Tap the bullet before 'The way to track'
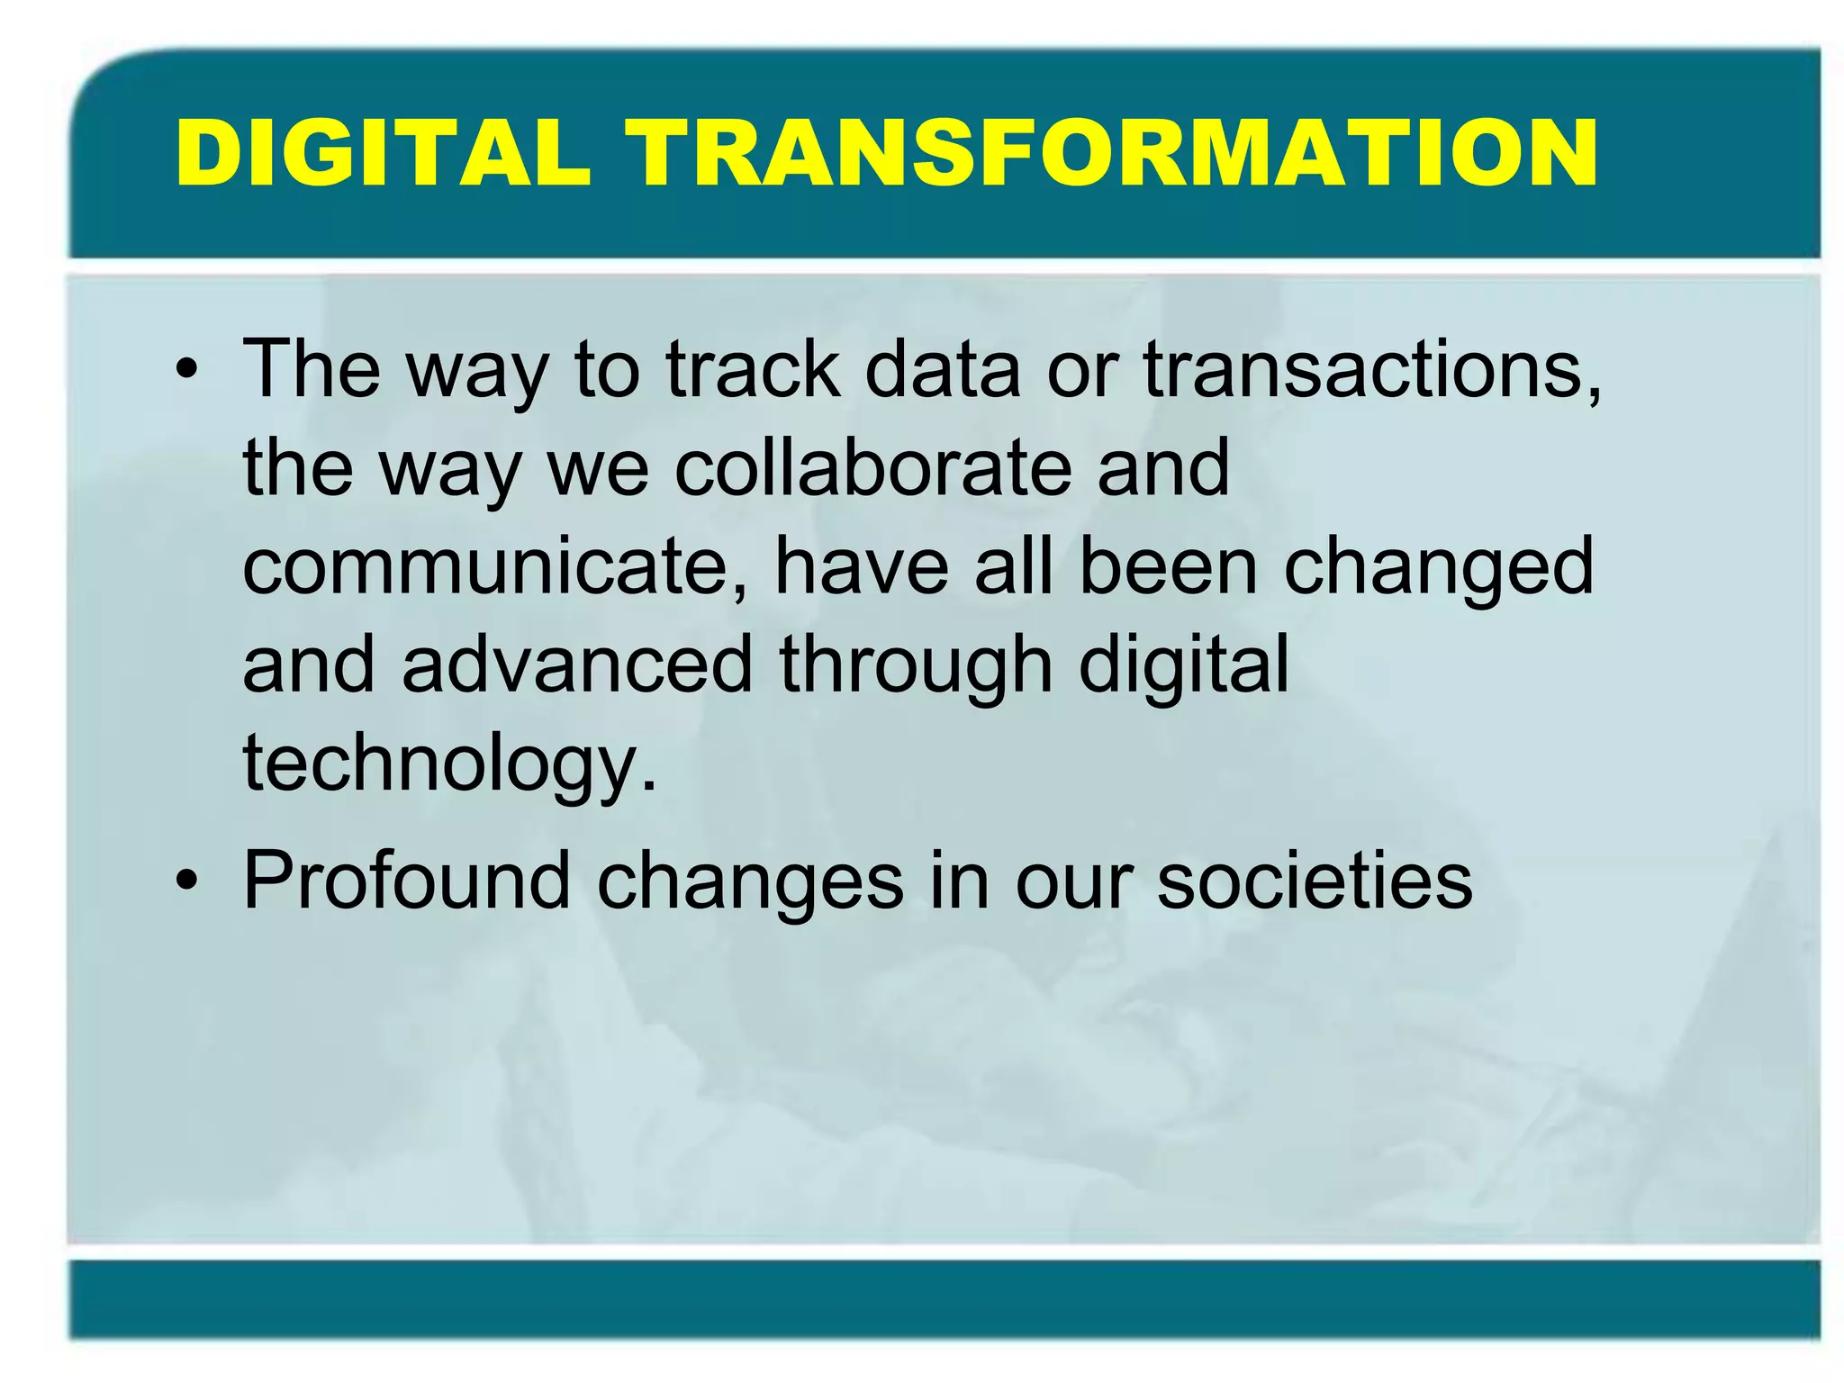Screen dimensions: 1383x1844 [186, 369]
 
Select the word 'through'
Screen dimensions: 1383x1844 [916, 667]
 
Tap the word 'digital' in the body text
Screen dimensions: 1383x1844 [1183, 667]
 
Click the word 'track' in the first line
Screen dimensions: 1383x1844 [753, 369]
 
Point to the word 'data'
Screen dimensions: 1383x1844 [942, 369]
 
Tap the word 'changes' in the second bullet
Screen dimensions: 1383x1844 [750, 883]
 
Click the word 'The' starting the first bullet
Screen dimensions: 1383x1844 [312, 369]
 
